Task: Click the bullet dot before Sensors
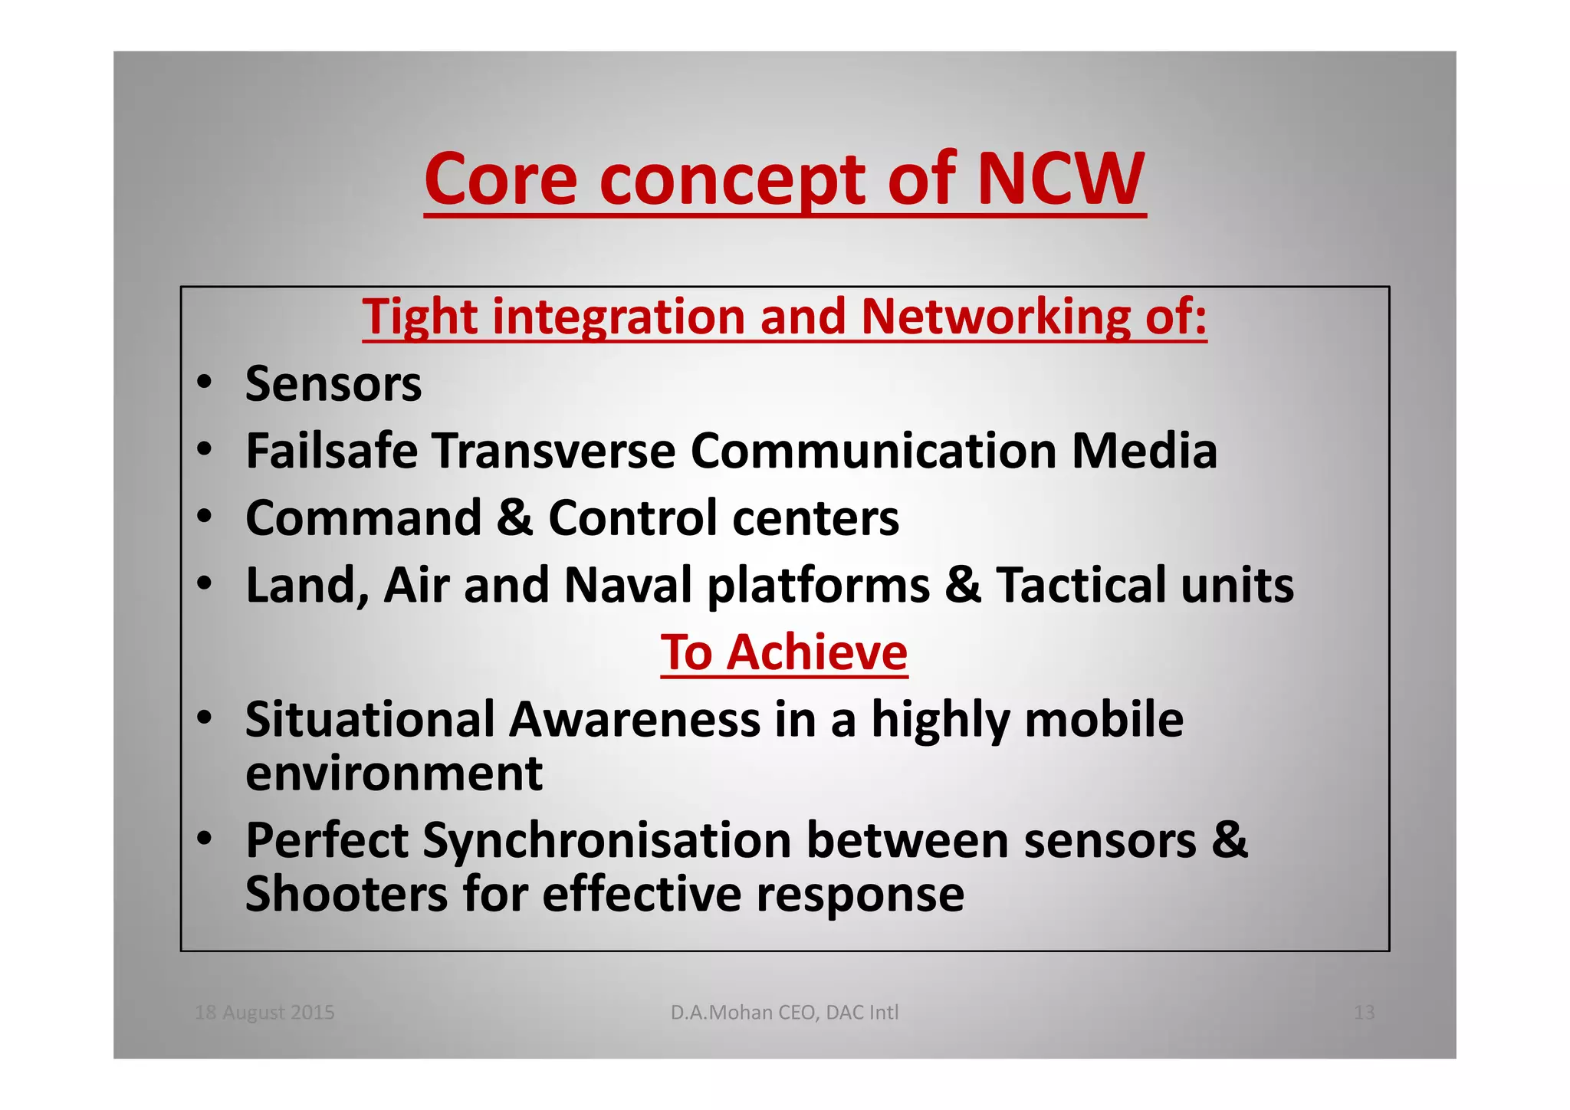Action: point(203,383)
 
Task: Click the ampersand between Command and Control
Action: point(514,517)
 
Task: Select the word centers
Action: point(816,517)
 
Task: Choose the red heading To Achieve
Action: point(784,652)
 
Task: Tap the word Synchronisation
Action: point(606,840)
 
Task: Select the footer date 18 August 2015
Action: point(264,1013)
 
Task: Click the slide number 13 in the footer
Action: point(1364,1013)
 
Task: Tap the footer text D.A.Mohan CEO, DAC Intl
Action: point(784,1013)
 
